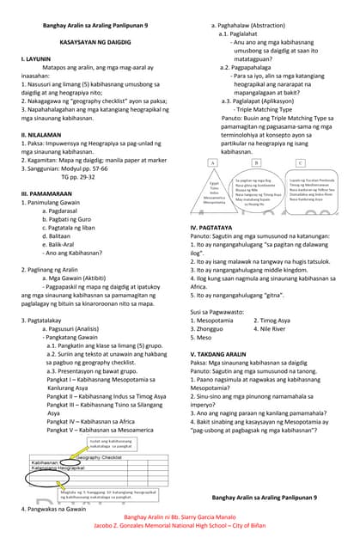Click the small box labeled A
tap(211, 162)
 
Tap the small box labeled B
tap(256, 162)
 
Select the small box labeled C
tap(300, 162)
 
